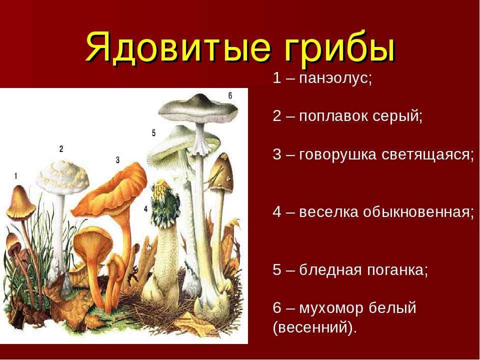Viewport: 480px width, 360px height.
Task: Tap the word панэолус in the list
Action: click(x=335, y=78)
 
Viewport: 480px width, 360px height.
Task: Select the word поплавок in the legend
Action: click(x=333, y=116)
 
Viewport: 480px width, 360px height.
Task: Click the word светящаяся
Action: click(x=427, y=154)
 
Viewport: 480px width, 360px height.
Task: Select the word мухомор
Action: click(x=331, y=308)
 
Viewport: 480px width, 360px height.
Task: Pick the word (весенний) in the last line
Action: click(x=314, y=327)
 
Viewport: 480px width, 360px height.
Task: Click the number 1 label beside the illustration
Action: click(x=15, y=176)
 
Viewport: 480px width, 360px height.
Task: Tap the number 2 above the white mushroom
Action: click(x=61, y=149)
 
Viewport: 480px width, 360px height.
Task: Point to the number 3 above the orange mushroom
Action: click(x=117, y=160)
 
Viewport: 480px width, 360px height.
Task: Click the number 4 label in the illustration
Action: click(x=145, y=209)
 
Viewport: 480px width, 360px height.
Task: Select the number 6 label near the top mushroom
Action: click(x=230, y=96)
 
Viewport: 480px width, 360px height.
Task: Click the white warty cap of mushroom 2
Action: click(x=62, y=177)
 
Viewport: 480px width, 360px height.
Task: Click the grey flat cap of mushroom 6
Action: click(x=198, y=108)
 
